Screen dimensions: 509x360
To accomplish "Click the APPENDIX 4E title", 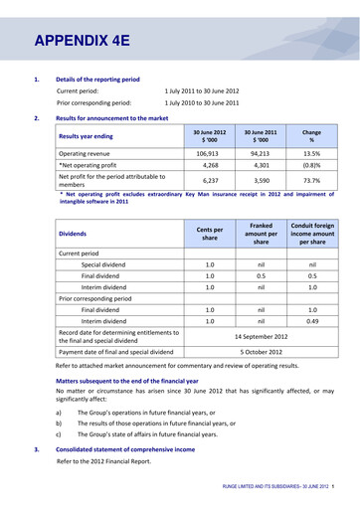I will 82,41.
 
